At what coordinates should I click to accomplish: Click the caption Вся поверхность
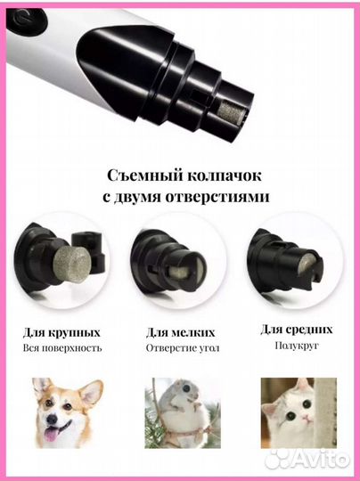tap(64, 348)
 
